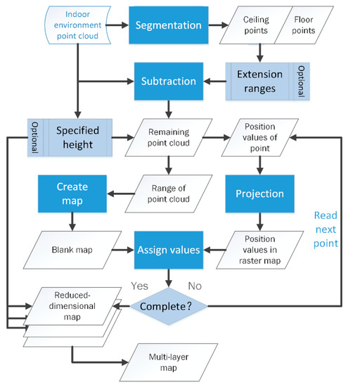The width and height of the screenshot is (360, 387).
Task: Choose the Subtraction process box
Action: coord(169,80)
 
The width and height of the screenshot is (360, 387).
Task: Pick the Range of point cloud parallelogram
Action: coord(169,193)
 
